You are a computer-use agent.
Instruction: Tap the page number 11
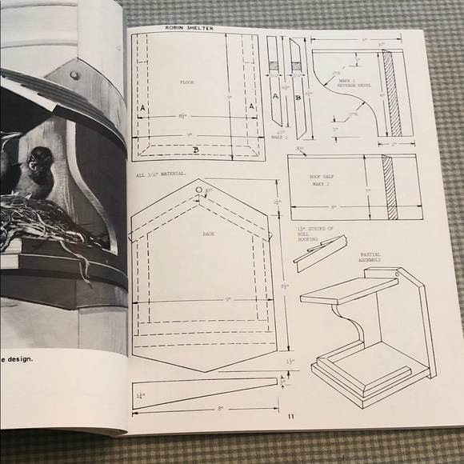(291, 416)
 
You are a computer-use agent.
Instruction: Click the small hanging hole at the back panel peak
(197, 191)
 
